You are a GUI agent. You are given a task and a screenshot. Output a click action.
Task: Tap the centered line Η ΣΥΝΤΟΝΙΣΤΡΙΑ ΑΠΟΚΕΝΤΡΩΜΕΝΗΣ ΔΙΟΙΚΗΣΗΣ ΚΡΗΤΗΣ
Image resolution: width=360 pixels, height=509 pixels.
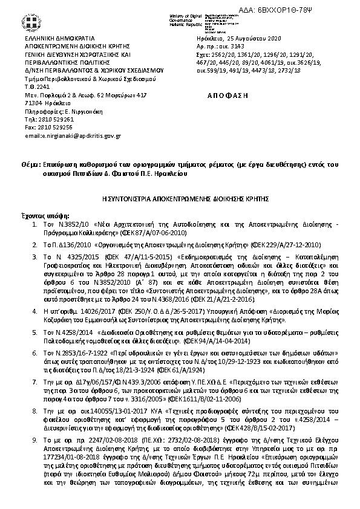pos(180,198)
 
